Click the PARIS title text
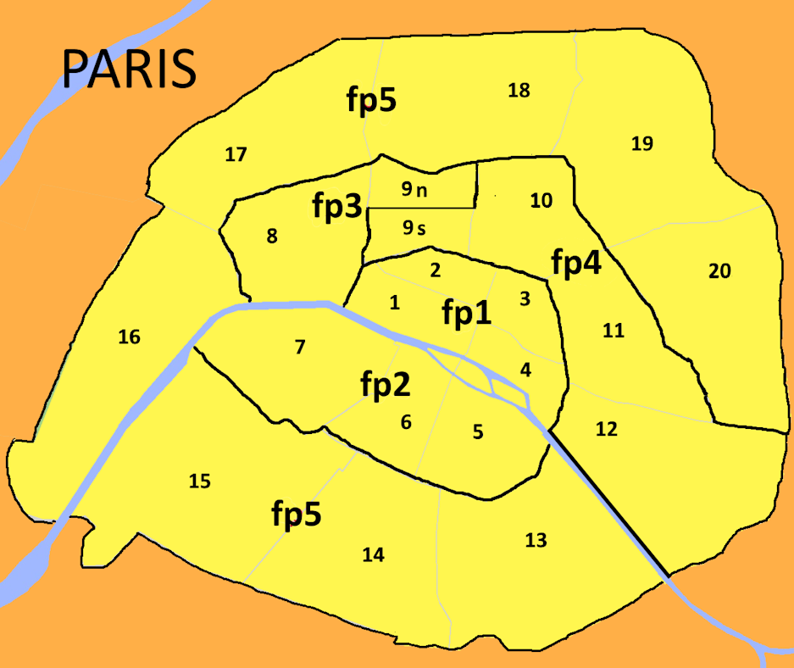tap(130, 69)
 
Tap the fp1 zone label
tap(466, 313)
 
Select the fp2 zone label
tap(386, 386)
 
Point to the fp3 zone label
tap(337, 206)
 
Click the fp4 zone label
tap(576, 264)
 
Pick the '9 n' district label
tap(415, 190)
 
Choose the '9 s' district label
tap(414, 227)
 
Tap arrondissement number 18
tap(519, 90)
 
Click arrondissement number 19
tap(642, 143)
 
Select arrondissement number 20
tap(719, 271)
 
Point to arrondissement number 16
tap(129, 337)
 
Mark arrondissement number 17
tap(236, 154)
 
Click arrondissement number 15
tap(199, 482)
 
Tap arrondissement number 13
tap(536, 540)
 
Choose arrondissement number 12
tap(606, 429)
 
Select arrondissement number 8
tap(272, 236)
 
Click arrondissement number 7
tap(299, 346)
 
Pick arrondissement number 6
tap(406, 421)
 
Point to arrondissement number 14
tap(373, 554)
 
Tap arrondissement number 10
tap(541, 201)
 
